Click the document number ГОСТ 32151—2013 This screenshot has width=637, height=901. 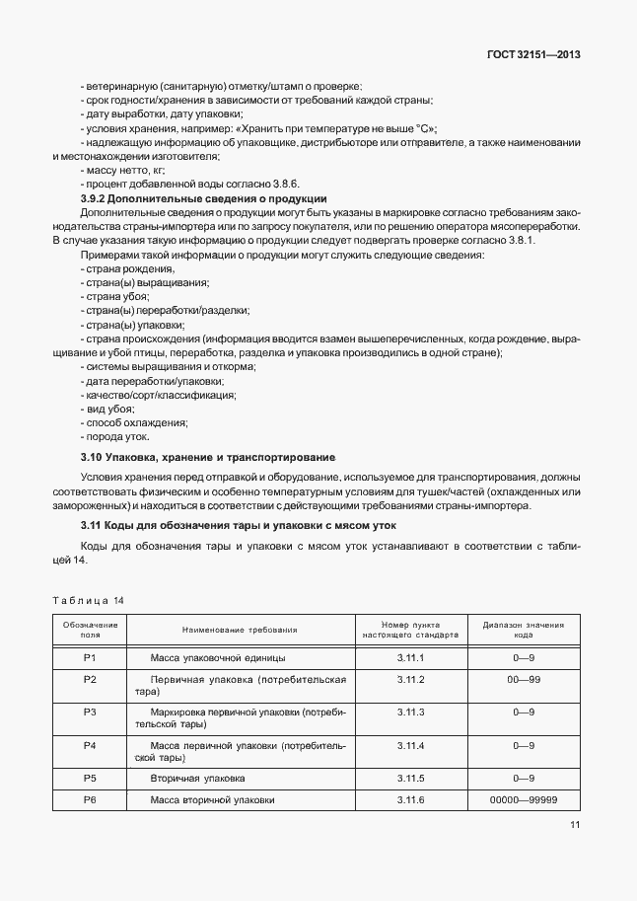click(x=533, y=55)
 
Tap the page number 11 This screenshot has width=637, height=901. click(x=574, y=826)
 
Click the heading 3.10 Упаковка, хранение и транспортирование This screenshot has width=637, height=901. click(x=207, y=458)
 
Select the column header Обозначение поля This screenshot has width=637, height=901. click(x=90, y=630)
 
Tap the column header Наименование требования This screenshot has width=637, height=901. click(x=240, y=630)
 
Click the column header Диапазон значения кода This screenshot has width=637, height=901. click(x=523, y=630)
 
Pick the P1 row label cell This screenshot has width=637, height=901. click(x=90, y=657)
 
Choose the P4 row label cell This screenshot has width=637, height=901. click(x=90, y=745)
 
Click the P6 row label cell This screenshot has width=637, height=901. click(x=90, y=799)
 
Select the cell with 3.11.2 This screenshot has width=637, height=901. click(x=410, y=679)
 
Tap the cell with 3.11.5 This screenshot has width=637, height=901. click(x=410, y=779)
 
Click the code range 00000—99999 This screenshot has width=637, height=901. click(x=523, y=799)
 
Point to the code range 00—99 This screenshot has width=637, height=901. click(x=523, y=679)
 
